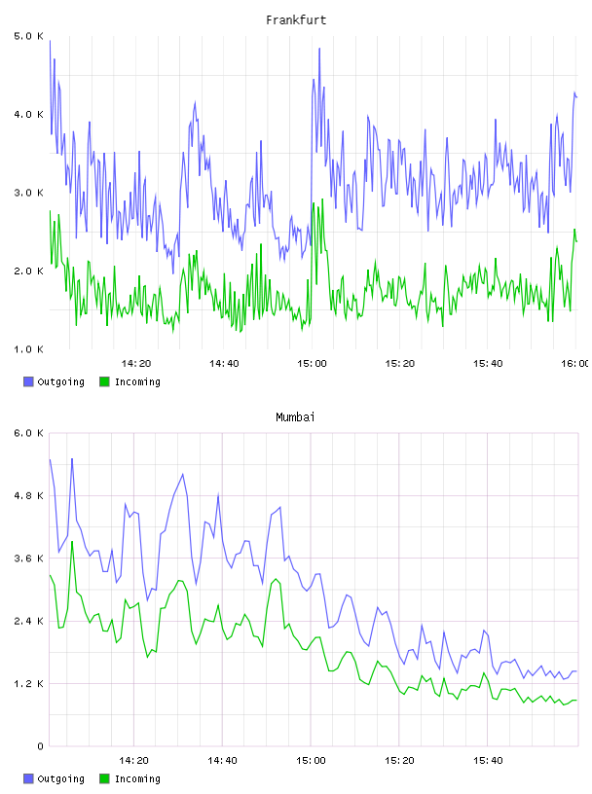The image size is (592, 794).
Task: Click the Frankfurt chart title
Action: (x=296, y=20)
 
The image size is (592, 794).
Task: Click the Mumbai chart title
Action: (x=295, y=417)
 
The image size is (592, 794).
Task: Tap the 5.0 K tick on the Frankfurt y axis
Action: (x=28, y=36)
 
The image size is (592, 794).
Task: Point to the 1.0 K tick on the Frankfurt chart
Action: (x=28, y=349)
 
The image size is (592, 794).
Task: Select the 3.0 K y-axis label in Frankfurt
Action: (x=28, y=193)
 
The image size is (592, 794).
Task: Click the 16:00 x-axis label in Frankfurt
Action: (x=574, y=364)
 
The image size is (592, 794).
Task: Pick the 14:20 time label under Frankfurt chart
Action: (x=136, y=364)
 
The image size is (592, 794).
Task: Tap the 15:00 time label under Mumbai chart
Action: (x=312, y=761)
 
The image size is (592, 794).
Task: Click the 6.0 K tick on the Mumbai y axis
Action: (x=28, y=433)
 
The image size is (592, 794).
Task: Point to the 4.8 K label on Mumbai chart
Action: (x=28, y=495)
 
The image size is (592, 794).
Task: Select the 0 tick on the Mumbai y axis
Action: (x=40, y=746)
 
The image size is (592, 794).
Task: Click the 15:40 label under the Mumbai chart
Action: (x=488, y=761)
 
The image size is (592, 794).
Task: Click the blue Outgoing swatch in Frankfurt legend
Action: (x=28, y=381)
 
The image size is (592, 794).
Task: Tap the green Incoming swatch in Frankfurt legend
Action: (x=104, y=381)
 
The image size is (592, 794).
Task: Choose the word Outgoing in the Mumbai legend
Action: (x=60, y=778)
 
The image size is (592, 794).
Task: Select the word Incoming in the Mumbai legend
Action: (x=137, y=778)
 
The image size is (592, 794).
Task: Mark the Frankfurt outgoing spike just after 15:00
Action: (x=319, y=49)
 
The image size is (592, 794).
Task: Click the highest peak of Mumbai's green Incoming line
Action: (x=72, y=542)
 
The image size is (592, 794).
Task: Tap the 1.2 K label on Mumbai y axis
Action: (x=28, y=684)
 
